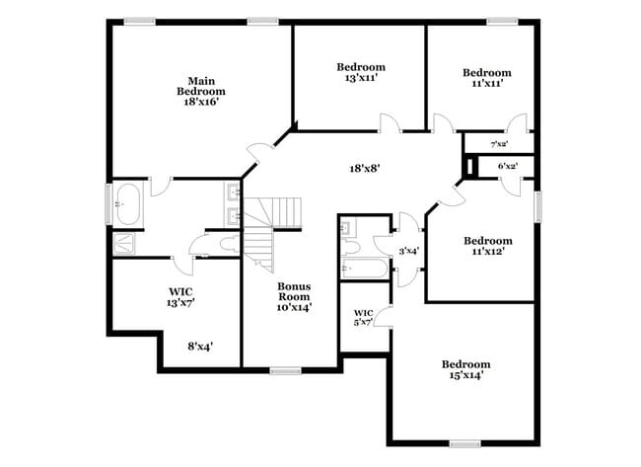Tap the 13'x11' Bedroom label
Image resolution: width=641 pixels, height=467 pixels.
pos(360,72)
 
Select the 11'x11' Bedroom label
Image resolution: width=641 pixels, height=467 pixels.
pos(487,78)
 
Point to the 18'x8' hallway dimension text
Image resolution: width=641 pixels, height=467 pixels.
pos(365,168)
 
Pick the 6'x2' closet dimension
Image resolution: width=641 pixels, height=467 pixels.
pos(508,167)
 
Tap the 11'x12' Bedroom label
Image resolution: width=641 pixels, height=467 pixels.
pos(488,247)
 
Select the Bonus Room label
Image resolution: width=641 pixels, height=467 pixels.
pos(293,296)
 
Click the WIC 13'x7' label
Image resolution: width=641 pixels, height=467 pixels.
pos(179,297)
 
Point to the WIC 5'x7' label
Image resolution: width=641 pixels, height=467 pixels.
pos(363,317)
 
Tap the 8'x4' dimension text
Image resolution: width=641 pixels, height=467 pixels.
pos(200,346)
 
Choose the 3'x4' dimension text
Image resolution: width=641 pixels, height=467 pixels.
pos(408,251)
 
